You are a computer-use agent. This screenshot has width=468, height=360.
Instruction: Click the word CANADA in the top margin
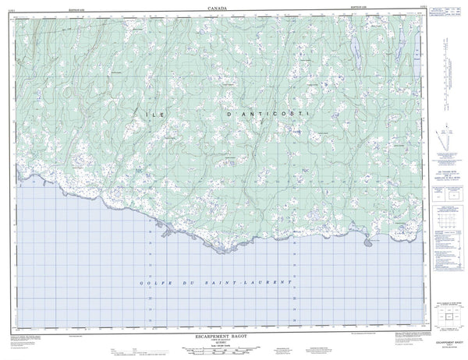[x=219, y=6]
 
